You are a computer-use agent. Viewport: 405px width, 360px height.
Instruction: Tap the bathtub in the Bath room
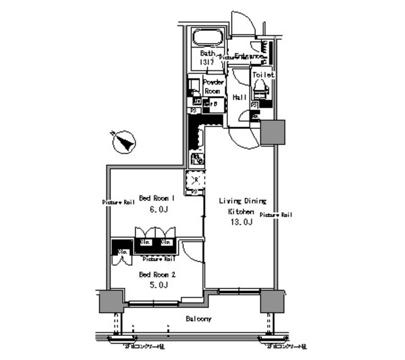pyautogui.click(x=207, y=37)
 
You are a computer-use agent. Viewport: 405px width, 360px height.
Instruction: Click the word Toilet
pyautogui.click(x=263, y=75)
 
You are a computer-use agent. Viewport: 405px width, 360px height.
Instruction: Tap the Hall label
pyautogui.click(x=240, y=97)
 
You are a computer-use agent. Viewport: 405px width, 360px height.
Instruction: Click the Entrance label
pyautogui.click(x=249, y=56)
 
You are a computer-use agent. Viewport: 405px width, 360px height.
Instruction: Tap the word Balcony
pyautogui.click(x=198, y=319)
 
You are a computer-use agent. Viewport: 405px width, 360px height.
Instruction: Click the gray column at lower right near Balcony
pyautogui.click(x=274, y=302)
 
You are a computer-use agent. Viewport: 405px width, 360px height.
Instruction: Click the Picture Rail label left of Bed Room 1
pyautogui.click(x=118, y=202)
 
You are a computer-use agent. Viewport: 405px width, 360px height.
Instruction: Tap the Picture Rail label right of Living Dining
pyautogui.click(x=275, y=215)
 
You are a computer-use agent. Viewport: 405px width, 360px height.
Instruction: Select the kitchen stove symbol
pyautogui.click(x=197, y=158)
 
